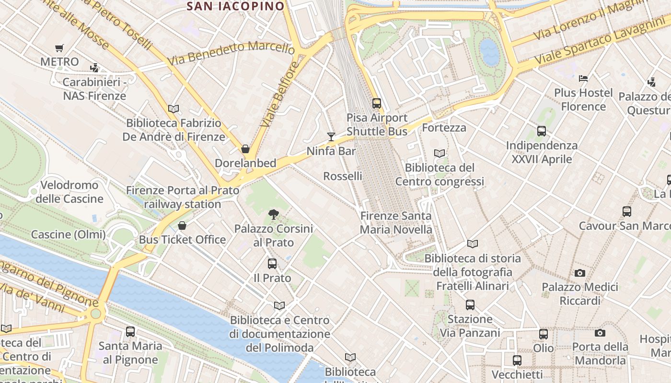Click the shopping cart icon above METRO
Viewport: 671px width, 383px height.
(x=59, y=48)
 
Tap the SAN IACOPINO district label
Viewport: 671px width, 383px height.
(x=235, y=6)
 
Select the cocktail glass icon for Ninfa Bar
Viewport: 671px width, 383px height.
(x=331, y=137)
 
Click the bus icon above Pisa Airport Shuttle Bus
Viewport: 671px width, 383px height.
(x=377, y=103)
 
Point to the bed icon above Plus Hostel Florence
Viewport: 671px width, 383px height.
(x=583, y=78)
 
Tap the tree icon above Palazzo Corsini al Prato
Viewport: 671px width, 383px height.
(x=274, y=214)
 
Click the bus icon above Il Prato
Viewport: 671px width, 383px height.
(x=272, y=263)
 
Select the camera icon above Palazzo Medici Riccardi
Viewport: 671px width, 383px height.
(x=580, y=273)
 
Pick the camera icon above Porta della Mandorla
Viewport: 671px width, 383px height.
(x=600, y=333)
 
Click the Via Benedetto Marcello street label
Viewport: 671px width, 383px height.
(x=231, y=54)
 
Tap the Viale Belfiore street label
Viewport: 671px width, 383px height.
(x=280, y=94)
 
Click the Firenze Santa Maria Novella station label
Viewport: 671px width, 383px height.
(x=396, y=223)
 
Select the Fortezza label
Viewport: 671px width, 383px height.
(x=444, y=127)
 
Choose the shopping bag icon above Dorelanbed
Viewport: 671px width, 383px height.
(x=245, y=149)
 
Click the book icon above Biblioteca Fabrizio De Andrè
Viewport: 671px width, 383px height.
(x=174, y=109)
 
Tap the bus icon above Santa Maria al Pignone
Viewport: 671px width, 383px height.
(x=130, y=331)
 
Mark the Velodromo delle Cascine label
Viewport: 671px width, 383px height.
(x=69, y=191)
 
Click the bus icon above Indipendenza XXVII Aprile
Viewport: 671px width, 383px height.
(x=542, y=131)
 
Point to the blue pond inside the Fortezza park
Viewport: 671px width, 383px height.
(x=490, y=52)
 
